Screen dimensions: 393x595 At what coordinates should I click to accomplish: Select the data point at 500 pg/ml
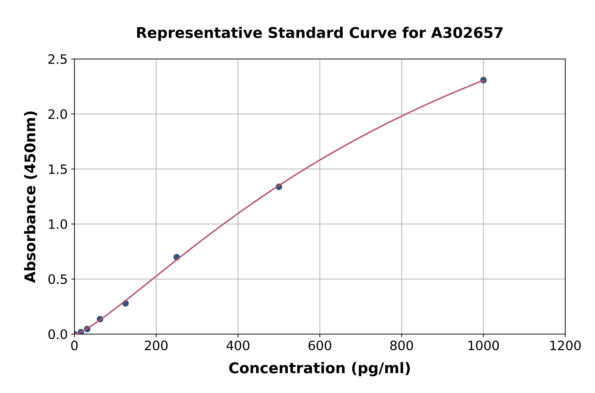point(279,187)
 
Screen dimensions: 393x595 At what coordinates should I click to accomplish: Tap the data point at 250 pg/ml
point(177,257)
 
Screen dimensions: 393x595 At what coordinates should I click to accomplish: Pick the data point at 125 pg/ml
point(125,303)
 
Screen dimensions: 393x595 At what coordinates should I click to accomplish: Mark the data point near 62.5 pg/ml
point(100,319)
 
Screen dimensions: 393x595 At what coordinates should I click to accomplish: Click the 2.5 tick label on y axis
point(58,60)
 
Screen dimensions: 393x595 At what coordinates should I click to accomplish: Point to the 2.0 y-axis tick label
point(58,115)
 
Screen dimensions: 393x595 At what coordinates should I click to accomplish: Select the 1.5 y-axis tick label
point(58,170)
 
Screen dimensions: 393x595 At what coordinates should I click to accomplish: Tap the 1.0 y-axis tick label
point(58,225)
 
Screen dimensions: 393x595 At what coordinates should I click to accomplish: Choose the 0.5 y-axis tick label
point(58,279)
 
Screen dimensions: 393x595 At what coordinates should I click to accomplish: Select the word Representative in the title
point(199,33)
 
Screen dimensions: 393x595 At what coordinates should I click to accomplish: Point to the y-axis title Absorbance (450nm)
point(31,197)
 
